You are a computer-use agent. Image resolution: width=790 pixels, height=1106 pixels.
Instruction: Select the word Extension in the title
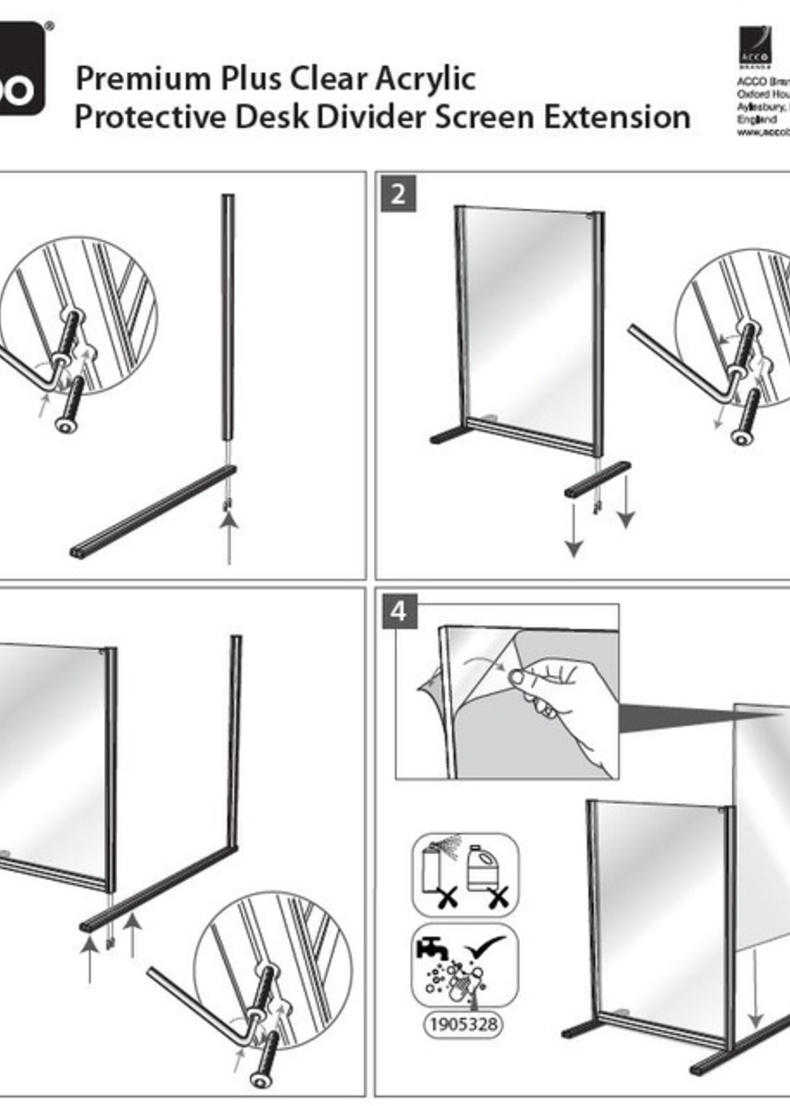point(617,118)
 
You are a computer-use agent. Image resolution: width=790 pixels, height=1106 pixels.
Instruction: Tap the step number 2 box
point(398,195)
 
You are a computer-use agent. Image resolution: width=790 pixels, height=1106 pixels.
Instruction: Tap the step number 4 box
point(398,612)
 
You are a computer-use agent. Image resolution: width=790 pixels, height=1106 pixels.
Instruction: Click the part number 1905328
point(463,1024)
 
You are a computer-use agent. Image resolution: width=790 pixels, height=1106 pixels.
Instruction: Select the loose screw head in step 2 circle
point(741,437)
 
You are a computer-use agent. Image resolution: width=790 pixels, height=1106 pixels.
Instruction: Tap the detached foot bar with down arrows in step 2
point(598,480)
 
